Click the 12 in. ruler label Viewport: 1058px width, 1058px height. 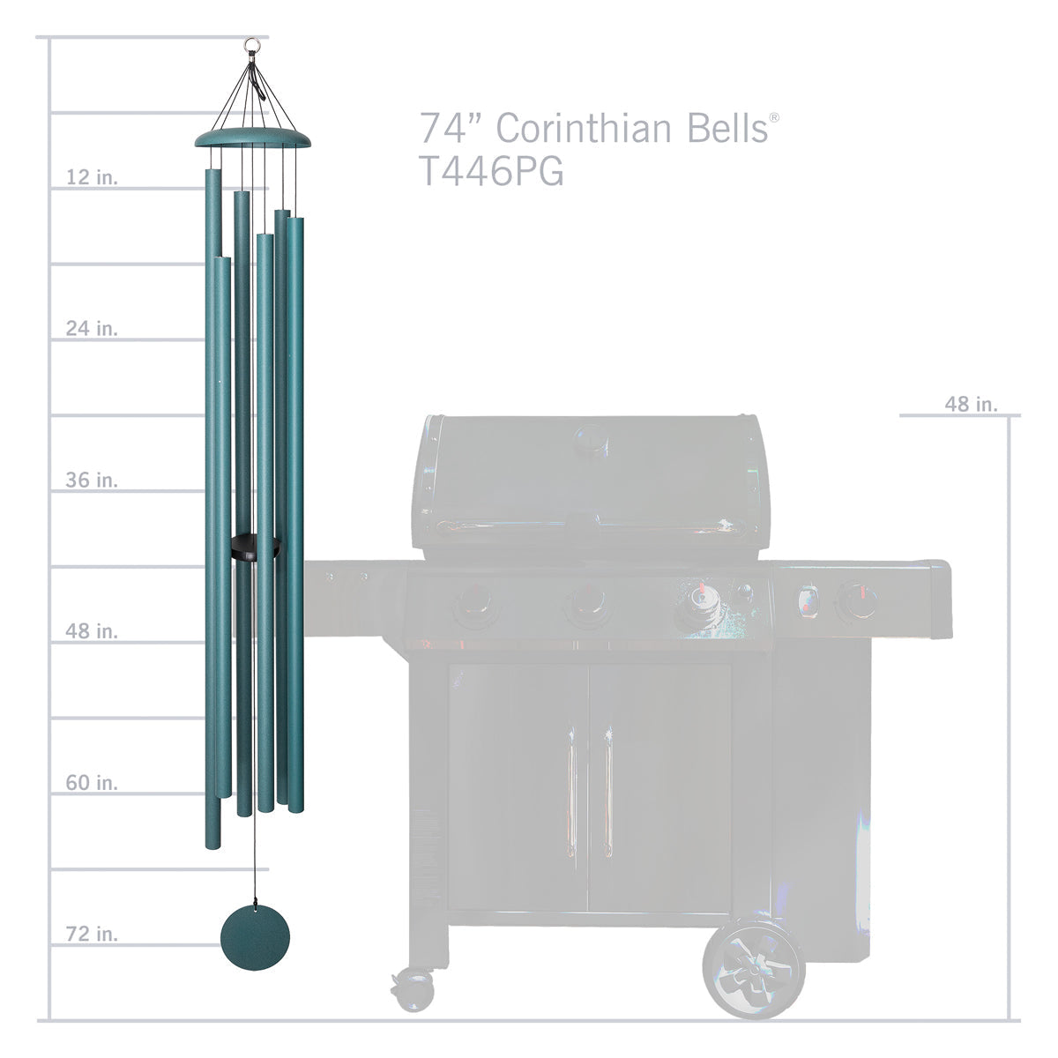click(92, 177)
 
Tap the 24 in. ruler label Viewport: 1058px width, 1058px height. click(92, 329)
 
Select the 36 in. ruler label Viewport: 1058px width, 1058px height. click(92, 481)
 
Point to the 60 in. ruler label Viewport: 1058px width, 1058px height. click(92, 783)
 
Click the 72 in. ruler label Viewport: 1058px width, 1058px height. click(92, 934)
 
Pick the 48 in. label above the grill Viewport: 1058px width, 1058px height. click(971, 404)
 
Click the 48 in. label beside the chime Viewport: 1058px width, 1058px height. click(92, 631)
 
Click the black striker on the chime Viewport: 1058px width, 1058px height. click(255, 548)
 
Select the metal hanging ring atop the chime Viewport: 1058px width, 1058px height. click(254, 41)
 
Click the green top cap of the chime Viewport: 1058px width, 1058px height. click(253, 138)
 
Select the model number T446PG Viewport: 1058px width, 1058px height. click(490, 172)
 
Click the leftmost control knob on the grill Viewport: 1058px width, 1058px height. click(474, 607)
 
